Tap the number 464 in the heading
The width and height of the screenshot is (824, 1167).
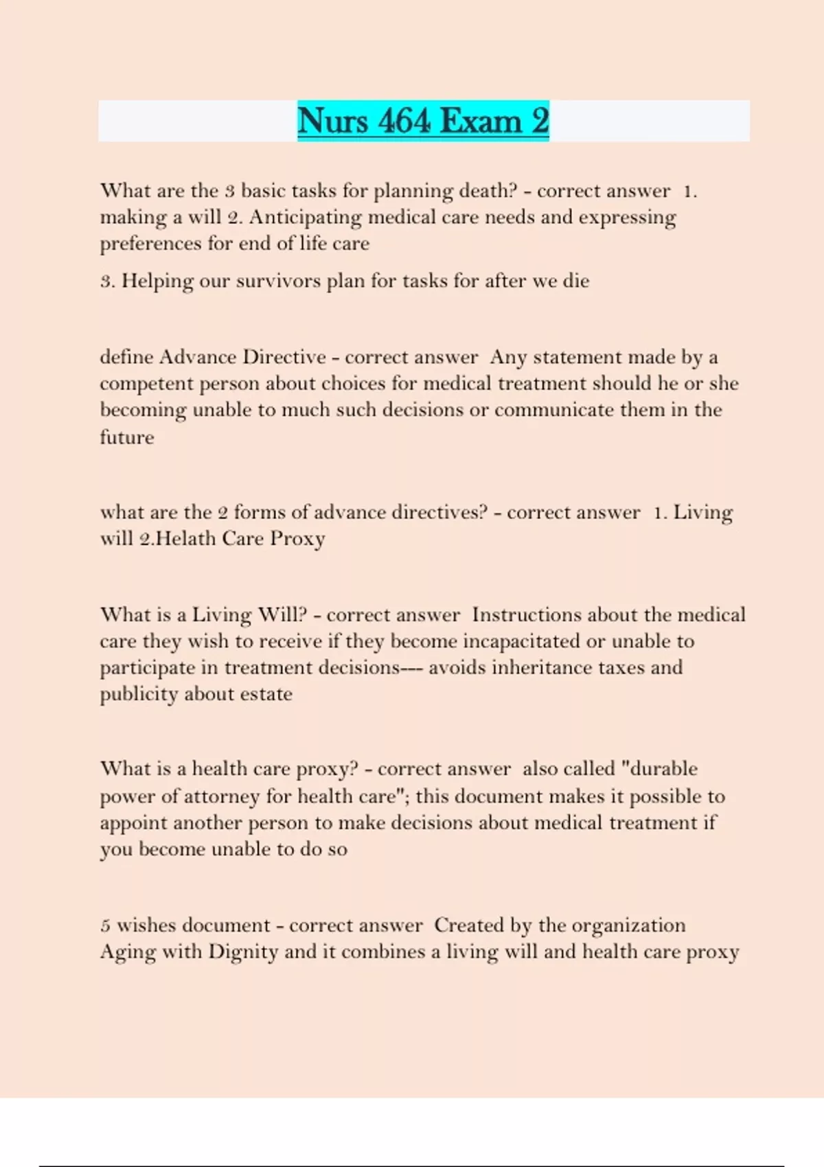tap(404, 121)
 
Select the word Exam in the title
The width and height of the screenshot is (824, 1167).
tap(481, 121)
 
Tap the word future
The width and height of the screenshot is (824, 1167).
tap(127, 437)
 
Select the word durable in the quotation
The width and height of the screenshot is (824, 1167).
tap(663, 769)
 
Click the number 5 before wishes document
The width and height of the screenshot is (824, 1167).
tap(105, 926)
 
